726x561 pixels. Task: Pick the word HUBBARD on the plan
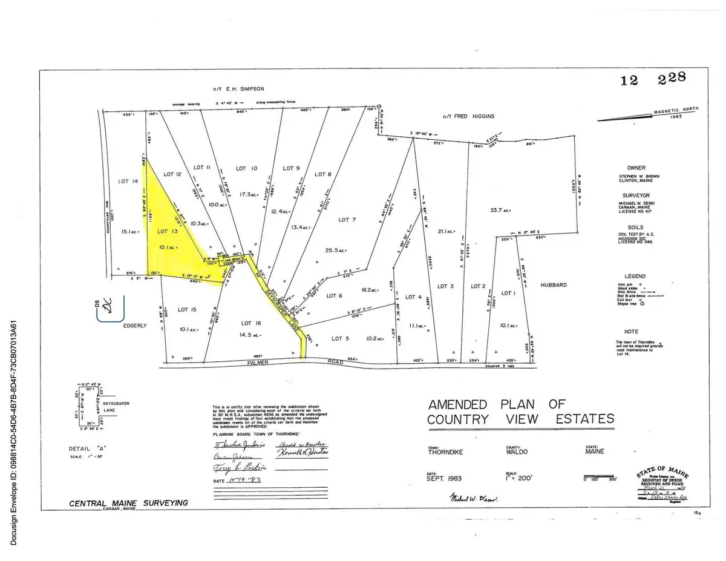click(x=553, y=285)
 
